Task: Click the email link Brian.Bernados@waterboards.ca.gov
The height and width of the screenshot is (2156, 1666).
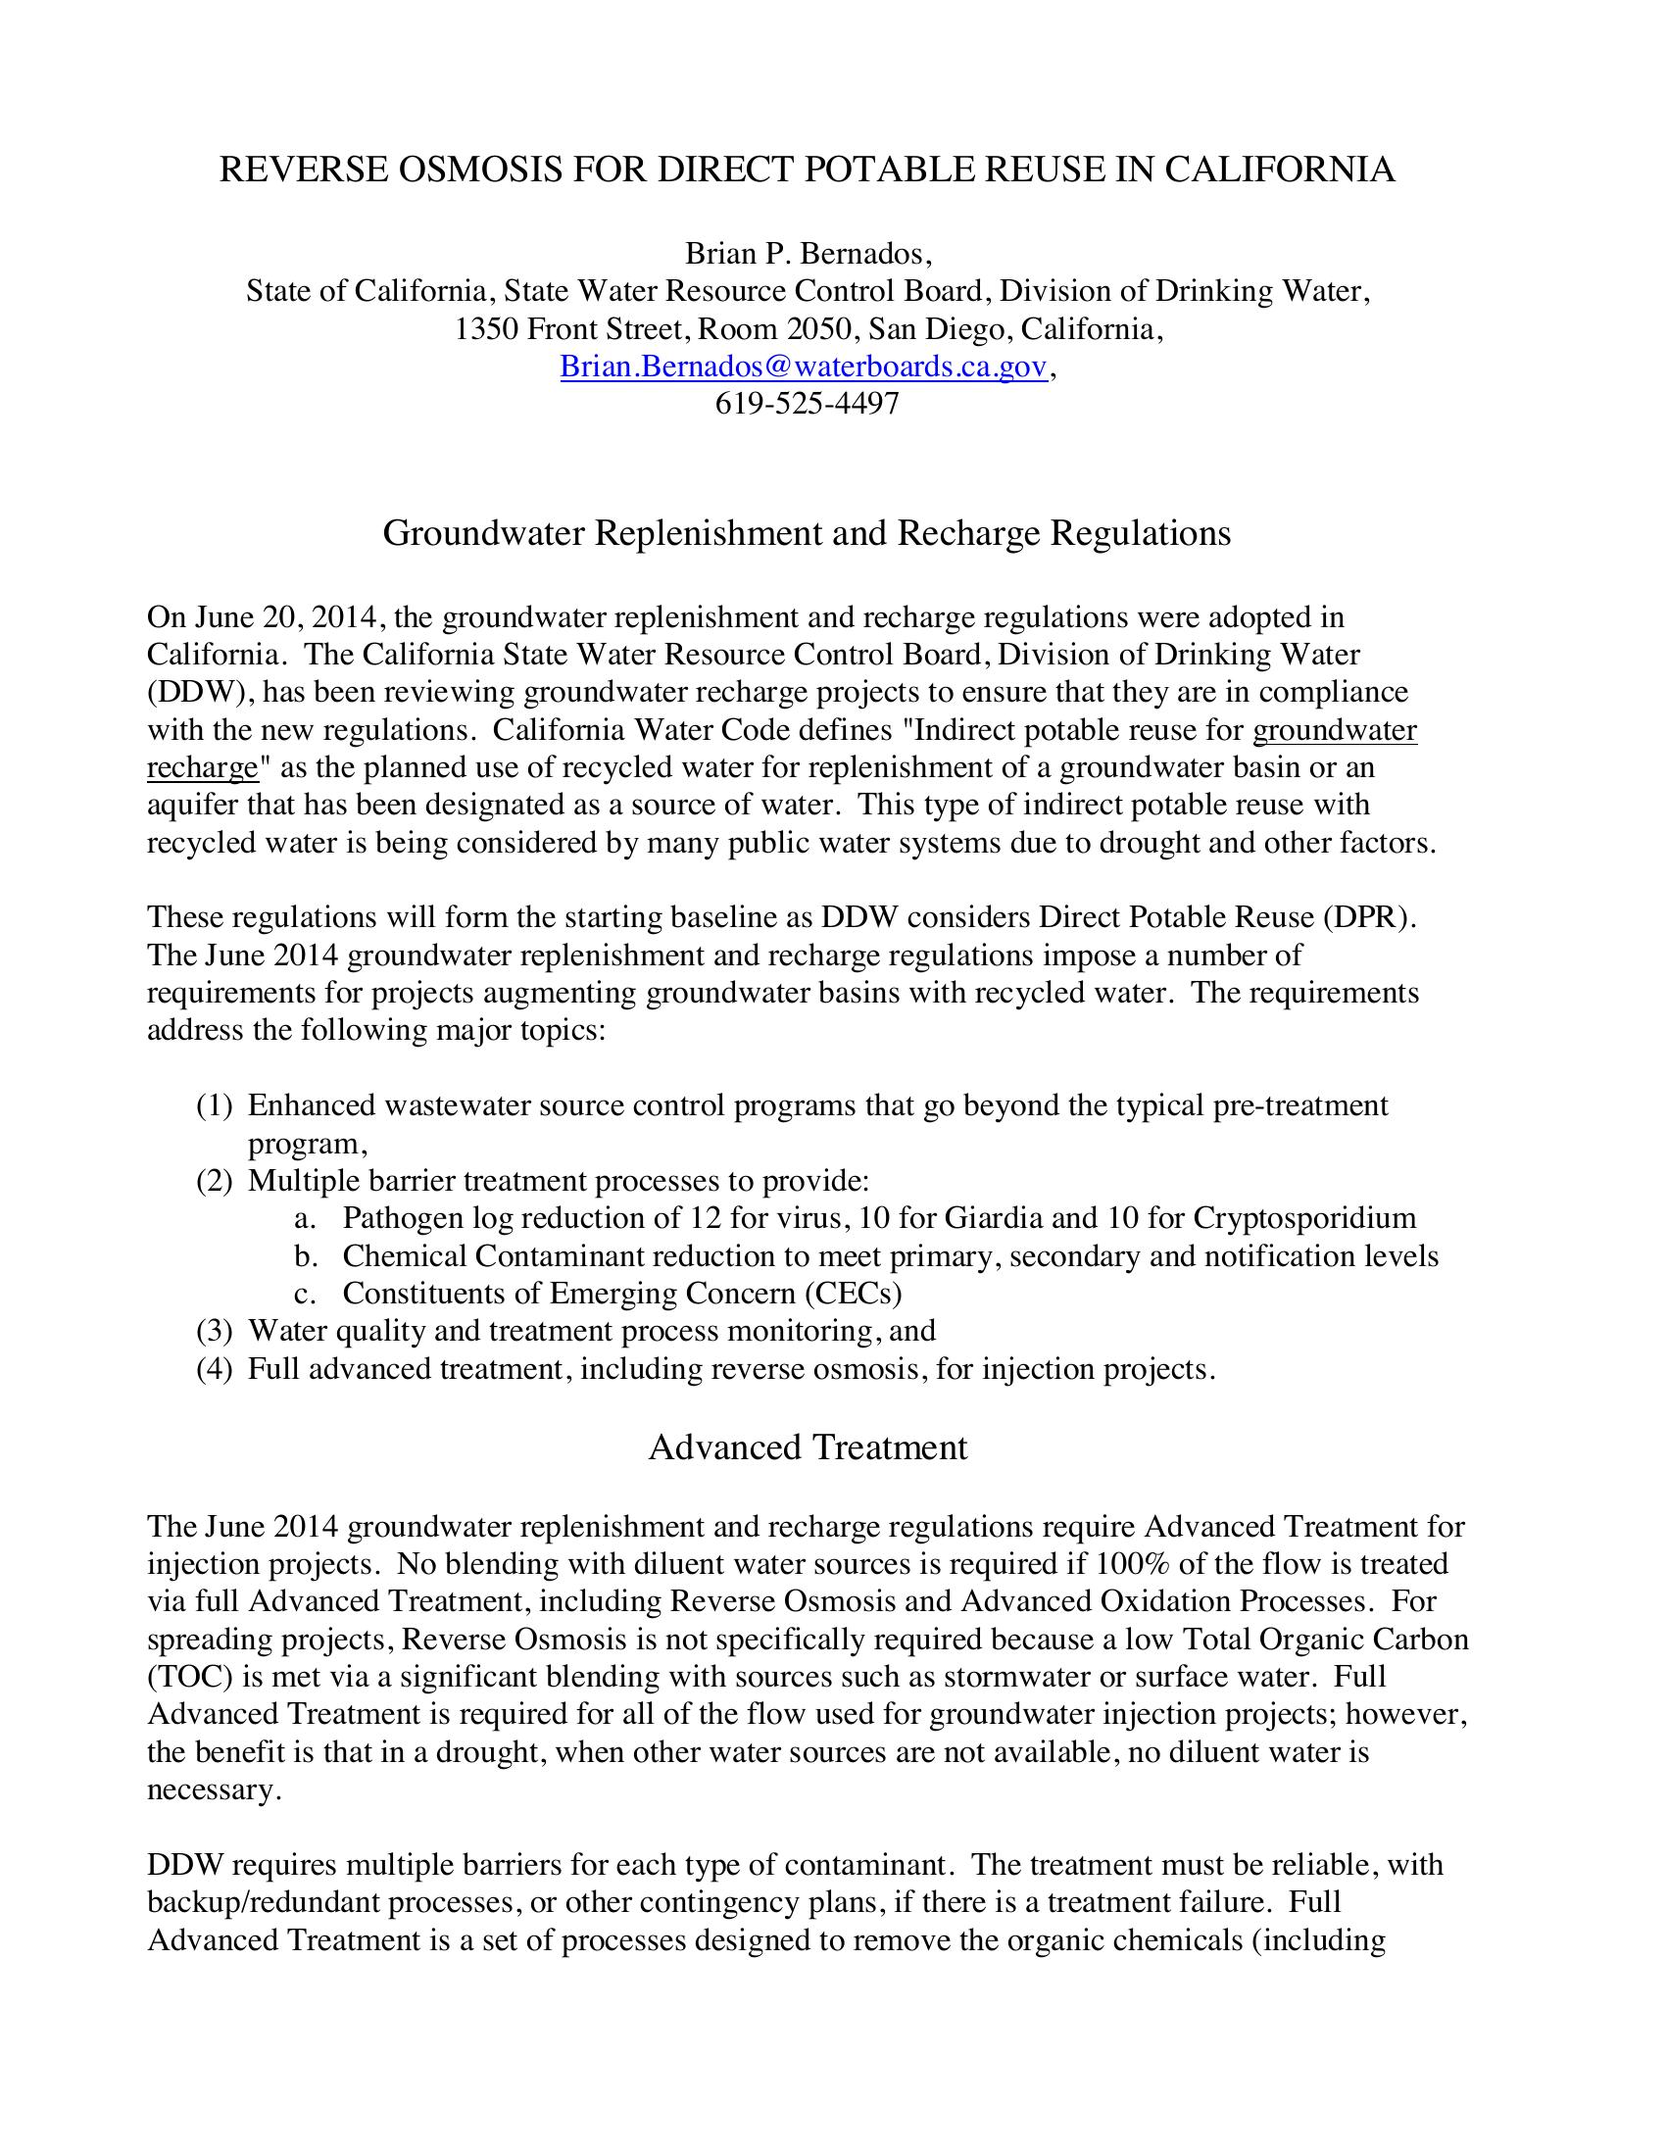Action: [x=803, y=367]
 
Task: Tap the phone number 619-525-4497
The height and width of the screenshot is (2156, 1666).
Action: [x=807, y=404]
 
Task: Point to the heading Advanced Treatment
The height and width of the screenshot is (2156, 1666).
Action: [x=808, y=1447]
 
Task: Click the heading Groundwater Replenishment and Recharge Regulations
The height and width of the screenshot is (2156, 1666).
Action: [x=807, y=533]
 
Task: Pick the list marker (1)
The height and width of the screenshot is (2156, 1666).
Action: [x=215, y=1105]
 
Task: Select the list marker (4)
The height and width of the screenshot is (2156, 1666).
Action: [x=215, y=1369]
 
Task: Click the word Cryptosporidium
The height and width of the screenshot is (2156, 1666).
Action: [x=1303, y=1218]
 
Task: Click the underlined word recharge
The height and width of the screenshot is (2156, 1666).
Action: [x=202, y=767]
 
